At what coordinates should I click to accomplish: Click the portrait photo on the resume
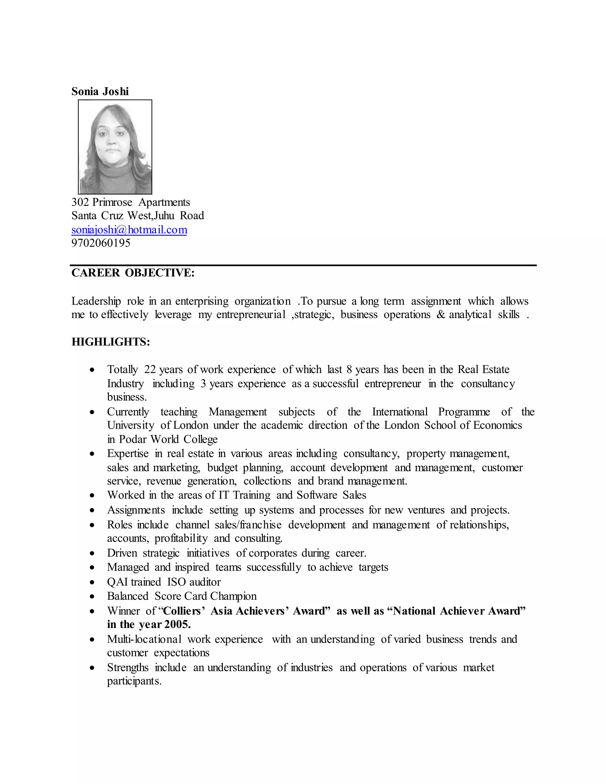(x=115, y=147)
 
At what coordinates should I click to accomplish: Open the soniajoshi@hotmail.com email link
(x=129, y=230)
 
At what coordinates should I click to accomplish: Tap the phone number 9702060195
(x=101, y=243)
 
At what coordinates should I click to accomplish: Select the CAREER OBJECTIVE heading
(x=133, y=273)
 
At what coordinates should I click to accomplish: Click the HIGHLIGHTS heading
(x=111, y=342)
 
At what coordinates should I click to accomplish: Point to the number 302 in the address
(x=80, y=202)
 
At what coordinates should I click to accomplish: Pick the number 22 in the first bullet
(x=150, y=370)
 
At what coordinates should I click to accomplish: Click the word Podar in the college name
(x=133, y=439)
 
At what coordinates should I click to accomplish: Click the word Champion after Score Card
(x=233, y=596)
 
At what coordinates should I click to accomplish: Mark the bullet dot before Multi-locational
(x=92, y=640)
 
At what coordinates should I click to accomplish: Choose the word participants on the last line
(x=134, y=681)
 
